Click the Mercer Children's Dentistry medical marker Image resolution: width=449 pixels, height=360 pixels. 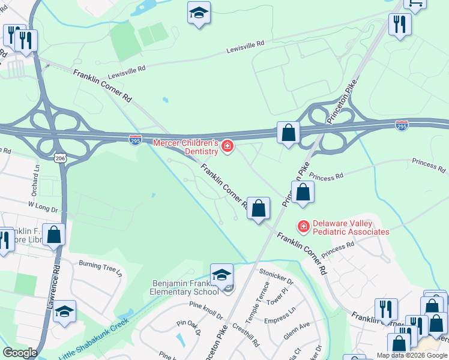(228, 146)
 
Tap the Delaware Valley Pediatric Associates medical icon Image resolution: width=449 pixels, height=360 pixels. (304, 226)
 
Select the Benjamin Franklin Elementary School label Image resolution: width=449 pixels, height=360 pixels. (184, 287)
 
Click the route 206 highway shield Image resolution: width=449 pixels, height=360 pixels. (62, 157)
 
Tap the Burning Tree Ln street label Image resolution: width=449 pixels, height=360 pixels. (100, 268)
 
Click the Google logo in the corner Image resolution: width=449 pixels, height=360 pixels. (19, 353)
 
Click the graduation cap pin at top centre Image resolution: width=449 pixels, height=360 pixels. (199, 13)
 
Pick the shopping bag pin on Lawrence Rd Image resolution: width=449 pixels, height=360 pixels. (54, 235)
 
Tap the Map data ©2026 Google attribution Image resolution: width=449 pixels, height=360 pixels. (412, 355)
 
